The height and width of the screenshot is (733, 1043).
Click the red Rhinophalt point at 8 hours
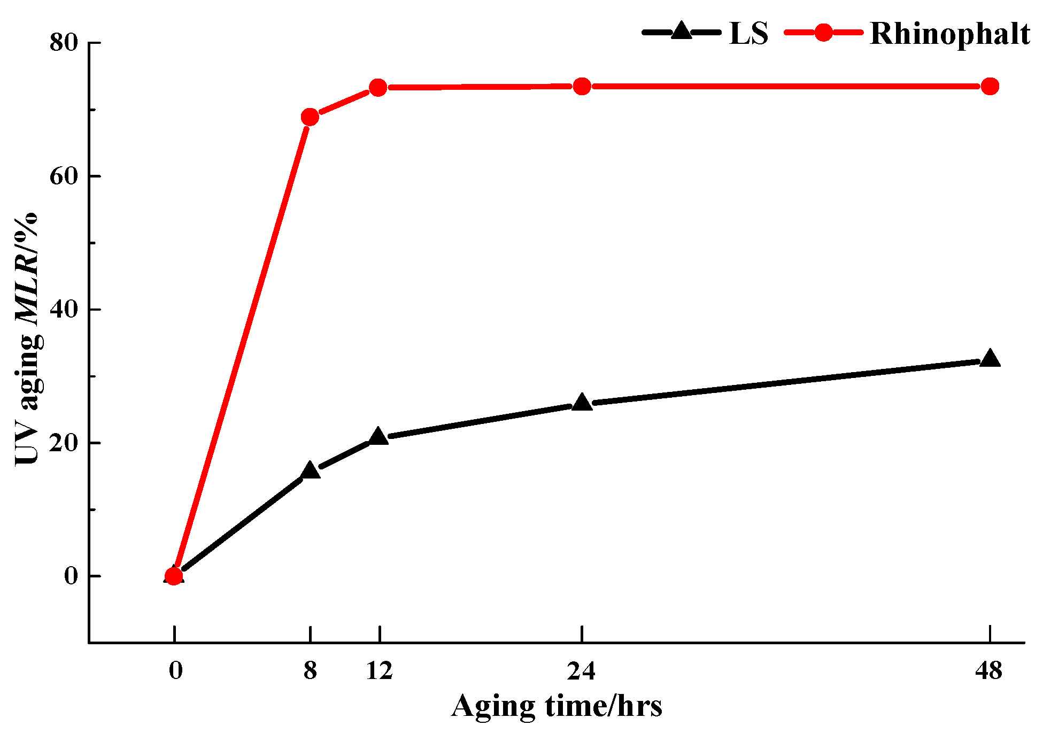pyautogui.click(x=310, y=117)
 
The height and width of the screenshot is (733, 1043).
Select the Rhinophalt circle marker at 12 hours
pyautogui.click(x=378, y=87)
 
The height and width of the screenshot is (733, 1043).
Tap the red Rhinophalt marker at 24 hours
pyautogui.click(x=582, y=86)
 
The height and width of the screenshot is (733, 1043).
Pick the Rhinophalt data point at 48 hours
pyautogui.click(x=990, y=86)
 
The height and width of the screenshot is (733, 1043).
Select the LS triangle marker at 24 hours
pyautogui.click(x=582, y=403)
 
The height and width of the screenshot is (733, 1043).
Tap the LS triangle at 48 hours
pyautogui.click(x=990, y=359)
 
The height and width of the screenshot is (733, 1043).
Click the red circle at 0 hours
pyautogui.click(x=174, y=576)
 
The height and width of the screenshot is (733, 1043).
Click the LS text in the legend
pyautogui.click(x=748, y=34)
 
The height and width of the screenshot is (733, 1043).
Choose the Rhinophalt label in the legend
pyautogui.click(x=949, y=34)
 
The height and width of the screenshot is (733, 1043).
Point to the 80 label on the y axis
pyautogui.click(x=64, y=43)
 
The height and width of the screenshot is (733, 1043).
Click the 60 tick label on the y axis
pyautogui.click(x=64, y=176)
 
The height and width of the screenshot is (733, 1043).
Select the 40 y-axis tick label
pyautogui.click(x=64, y=309)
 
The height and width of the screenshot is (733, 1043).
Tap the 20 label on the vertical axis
pyautogui.click(x=64, y=443)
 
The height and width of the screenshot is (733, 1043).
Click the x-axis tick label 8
pyautogui.click(x=310, y=670)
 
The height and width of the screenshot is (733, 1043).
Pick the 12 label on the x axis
pyautogui.click(x=379, y=670)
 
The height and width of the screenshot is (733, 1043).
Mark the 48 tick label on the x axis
pyautogui.click(x=988, y=670)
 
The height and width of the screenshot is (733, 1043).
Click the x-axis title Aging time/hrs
pyautogui.click(x=557, y=706)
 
